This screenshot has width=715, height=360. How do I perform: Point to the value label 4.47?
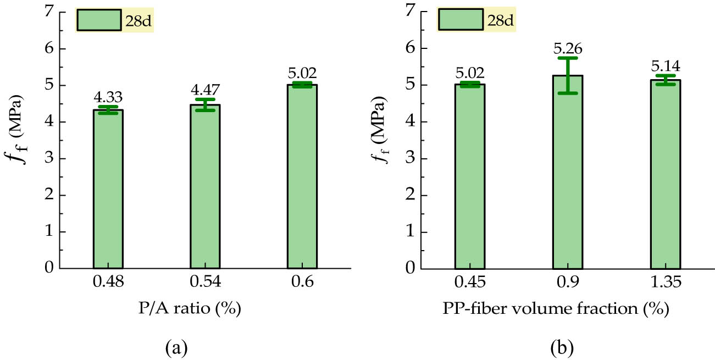coord(205,91)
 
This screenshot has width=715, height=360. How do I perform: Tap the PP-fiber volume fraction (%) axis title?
coord(555,309)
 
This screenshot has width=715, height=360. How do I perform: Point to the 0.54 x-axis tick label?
coord(205,283)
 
